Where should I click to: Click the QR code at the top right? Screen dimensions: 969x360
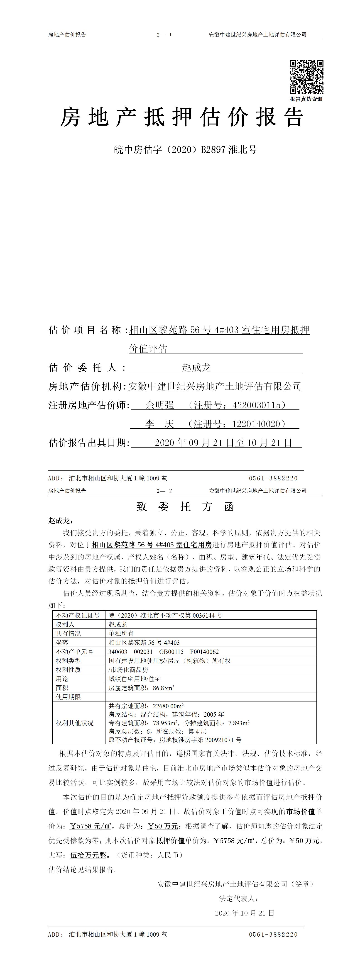pyautogui.click(x=306, y=77)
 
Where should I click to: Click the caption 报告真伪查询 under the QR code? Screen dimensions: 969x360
pyautogui.click(x=306, y=99)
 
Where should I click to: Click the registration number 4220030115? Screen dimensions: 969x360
pyautogui.click(x=257, y=405)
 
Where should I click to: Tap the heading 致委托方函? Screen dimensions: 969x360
pyautogui.click(x=185, y=507)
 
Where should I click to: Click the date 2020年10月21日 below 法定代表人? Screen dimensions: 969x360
pyautogui.click(x=245, y=913)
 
